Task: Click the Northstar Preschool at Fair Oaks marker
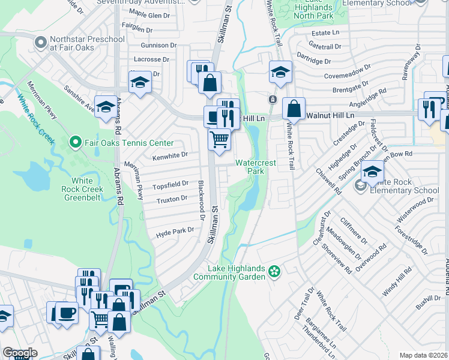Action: click(41, 43)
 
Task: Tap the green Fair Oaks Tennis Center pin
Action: click(75, 143)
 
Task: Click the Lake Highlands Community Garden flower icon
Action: click(274, 272)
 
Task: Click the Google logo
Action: click(20, 353)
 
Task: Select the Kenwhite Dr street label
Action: click(170, 154)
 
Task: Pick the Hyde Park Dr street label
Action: click(175, 230)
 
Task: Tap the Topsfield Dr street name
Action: click(172, 185)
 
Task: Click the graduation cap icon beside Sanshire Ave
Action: click(106, 107)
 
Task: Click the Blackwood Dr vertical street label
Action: click(202, 196)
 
